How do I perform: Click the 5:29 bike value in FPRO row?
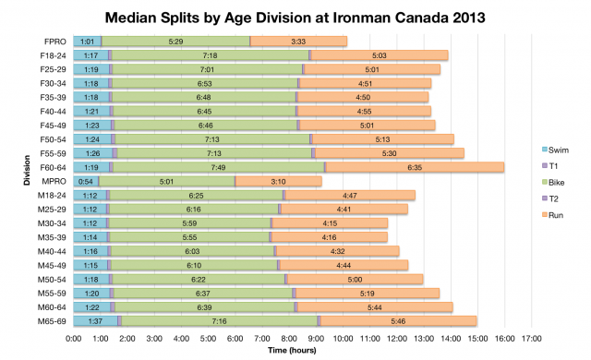coord(175,42)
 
